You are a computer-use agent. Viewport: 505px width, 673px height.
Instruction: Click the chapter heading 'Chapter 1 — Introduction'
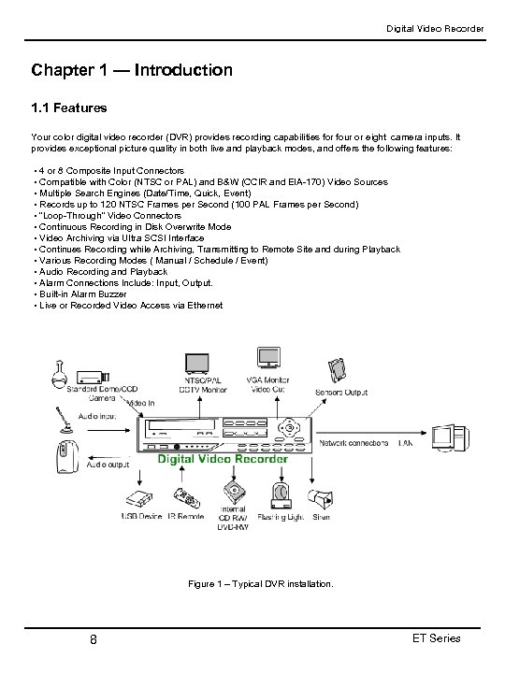pos(132,70)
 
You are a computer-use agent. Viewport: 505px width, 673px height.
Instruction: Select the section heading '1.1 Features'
pos(69,108)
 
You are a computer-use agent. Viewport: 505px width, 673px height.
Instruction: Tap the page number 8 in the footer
pos(94,639)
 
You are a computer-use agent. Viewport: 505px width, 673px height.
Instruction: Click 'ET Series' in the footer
pos(436,638)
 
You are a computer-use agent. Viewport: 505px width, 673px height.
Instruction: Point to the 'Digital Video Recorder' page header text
pos(435,29)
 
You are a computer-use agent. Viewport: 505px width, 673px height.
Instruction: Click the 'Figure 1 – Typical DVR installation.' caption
pos(260,583)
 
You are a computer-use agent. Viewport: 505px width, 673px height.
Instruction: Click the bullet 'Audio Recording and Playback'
pos(99,271)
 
